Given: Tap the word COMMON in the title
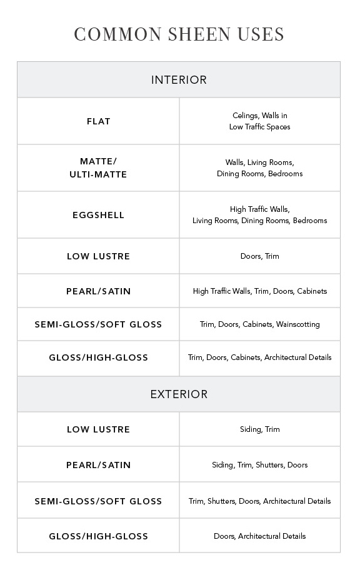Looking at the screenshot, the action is (x=117, y=34).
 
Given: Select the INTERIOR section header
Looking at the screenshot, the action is (x=179, y=80).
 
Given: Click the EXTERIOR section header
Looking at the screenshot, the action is (x=179, y=394).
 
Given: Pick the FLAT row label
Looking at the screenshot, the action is (x=99, y=121).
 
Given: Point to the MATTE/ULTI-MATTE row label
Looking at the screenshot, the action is (x=98, y=168).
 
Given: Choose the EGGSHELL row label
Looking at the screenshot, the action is (x=99, y=215).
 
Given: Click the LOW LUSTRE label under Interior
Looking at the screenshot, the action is (x=99, y=256).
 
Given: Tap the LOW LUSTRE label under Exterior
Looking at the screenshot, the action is (x=99, y=429).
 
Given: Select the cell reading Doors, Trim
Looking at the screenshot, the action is (x=259, y=256).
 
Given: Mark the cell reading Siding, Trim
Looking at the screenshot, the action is (x=259, y=429).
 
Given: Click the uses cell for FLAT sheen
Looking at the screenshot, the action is (x=259, y=121).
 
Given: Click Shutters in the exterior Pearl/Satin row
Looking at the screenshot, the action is (x=269, y=465).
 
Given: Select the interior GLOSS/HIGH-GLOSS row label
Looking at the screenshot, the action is (x=99, y=357).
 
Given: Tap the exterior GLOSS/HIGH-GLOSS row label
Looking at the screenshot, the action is (x=99, y=536).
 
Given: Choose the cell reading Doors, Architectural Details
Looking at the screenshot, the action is (x=259, y=536).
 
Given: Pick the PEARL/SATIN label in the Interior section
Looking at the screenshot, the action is (x=99, y=291).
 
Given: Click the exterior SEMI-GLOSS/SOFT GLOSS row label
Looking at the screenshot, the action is (x=99, y=501).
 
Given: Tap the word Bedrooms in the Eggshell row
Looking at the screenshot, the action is (x=310, y=221).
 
